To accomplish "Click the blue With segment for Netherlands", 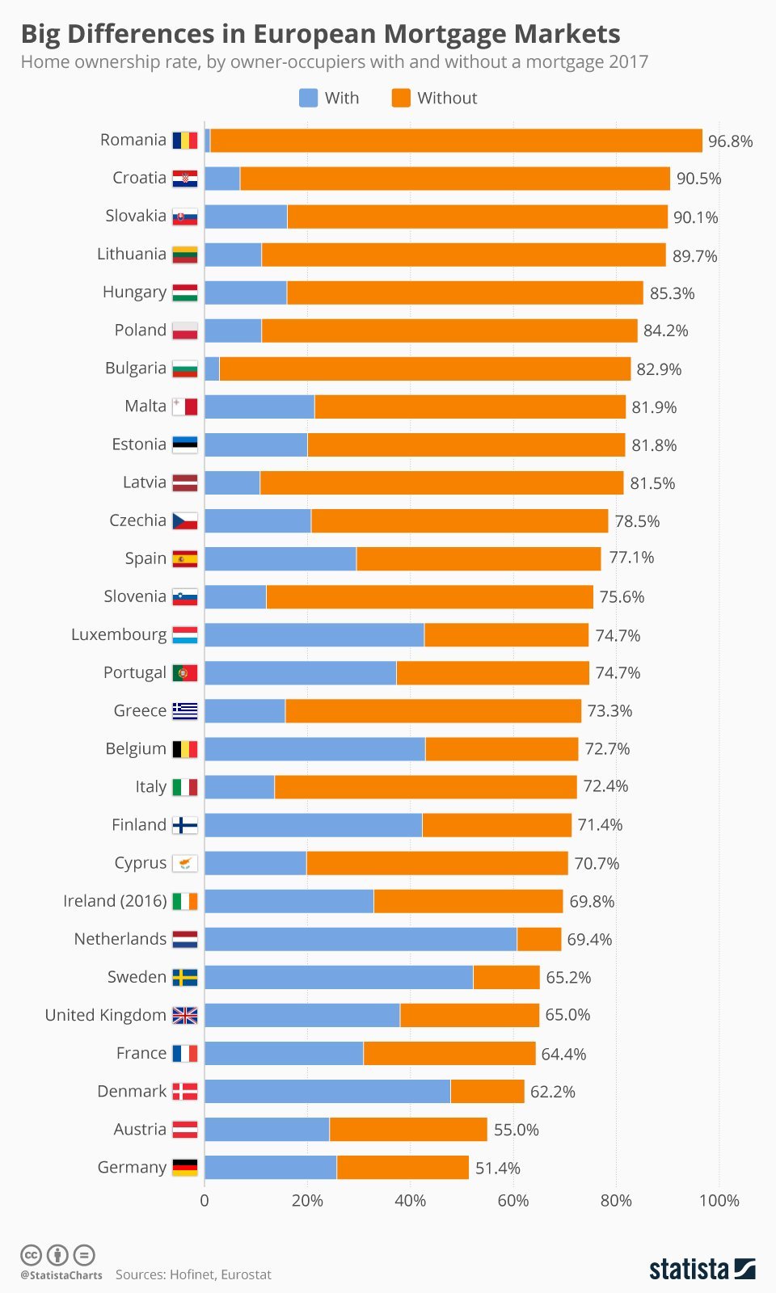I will pyautogui.click(x=361, y=939).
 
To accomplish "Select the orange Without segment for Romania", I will pyautogui.click(x=456, y=141).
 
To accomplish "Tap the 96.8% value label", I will pyautogui.click(x=730, y=141).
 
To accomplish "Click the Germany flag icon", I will pyautogui.click(x=185, y=1168).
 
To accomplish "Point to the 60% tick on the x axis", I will pyautogui.click(x=512, y=1201).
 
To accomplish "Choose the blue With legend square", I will pyautogui.click(x=308, y=98).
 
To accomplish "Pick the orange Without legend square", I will pyautogui.click(x=401, y=98).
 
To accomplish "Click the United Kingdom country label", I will pyautogui.click(x=105, y=1015).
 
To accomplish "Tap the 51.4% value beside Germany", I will pyautogui.click(x=497, y=1169).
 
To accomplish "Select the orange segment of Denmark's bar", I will pyautogui.click(x=487, y=1091).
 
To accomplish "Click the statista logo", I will pyautogui.click(x=702, y=1269).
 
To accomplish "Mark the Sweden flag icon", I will pyautogui.click(x=185, y=978).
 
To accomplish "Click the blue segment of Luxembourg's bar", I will pyautogui.click(x=314, y=635).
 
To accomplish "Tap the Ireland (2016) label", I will pyautogui.click(x=115, y=901).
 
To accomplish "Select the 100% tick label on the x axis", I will pyautogui.click(x=719, y=1201).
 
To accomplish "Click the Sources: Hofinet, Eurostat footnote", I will pyautogui.click(x=193, y=1274).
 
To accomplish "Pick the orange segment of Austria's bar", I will pyautogui.click(x=408, y=1129).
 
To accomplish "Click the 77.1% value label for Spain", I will pyautogui.click(x=631, y=558).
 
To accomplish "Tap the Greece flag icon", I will pyautogui.click(x=185, y=711).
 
